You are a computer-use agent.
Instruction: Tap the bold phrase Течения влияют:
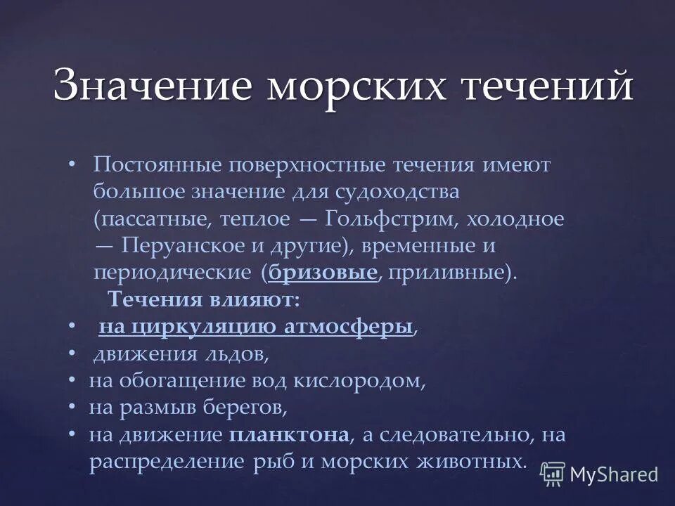coord(204,299)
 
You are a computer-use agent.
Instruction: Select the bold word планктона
coord(289,434)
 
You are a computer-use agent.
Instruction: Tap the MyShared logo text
coord(613,474)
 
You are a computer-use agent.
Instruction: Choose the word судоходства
coord(397,191)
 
